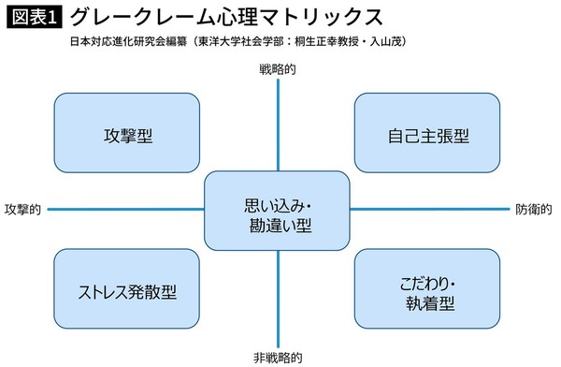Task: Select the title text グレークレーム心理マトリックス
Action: pyautogui.click(x=225, y=18)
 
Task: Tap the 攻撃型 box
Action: pyautogui.click(x=127, y=135)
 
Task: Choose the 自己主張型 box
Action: pyautogui.click(x=428, y=135)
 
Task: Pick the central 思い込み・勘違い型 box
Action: pyautogui.click(x=278, y=215)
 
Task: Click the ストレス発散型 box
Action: pyautogui.click(x=127, y=290)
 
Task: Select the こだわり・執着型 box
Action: pyautogui.click(x=428, y=290)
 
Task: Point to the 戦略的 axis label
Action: pyautogui.click(x=278, y=68)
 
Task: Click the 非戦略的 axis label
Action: pyautogui.click(x=278, y=357)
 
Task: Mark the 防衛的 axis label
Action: pyautogui.click(x=534, y=209)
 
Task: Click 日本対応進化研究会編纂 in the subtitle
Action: pyautogui.click(x=122, y=42)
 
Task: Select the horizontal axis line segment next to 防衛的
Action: pyautogui.click(x=430, y=209)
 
